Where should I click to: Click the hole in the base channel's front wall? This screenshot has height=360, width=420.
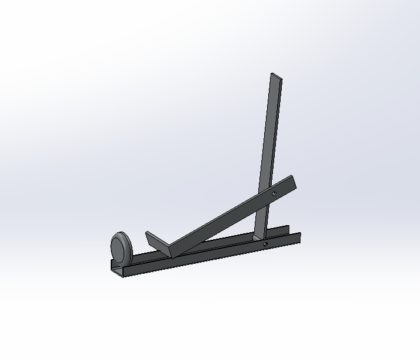click(x=265, y=243)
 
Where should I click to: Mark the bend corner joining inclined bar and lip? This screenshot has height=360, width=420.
click(x=169, y=253)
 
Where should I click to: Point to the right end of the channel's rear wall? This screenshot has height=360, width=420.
click(x=288, y=227)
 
